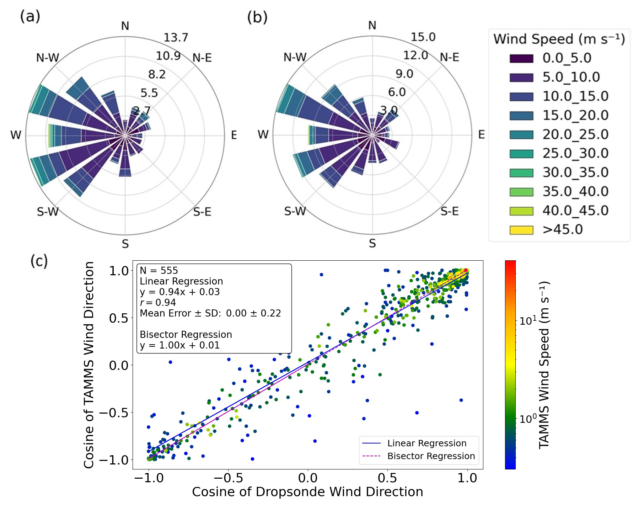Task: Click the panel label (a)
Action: pyautogui.click(x=30, y=17)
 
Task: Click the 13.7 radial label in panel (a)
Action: pyautogui.click(x=176, y=37)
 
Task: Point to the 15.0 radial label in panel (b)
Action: pyautogui.click(x=423, y=37)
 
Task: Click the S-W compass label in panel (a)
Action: pyautogui.click(x=48, y=212)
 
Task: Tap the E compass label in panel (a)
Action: pyautogui.click(x=233, y=135)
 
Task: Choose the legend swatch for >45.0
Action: pyautogui.click(x=521, y=230)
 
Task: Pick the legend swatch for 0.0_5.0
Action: pyautogui.click(x=521, y=58)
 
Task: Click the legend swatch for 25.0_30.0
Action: pyautogui.click(x=521, y=154)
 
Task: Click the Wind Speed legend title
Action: pyautogui.click(x=559, y=39)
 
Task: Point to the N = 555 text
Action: pyautogui.click(x=159, y=271)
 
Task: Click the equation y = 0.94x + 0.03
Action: pyautogui.click(x=180, y=292)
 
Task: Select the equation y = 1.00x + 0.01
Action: pyautogui.click(x=180, y=345)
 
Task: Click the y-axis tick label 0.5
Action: pyautogui.click(x=118, y=318)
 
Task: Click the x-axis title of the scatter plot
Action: pyautogui.click(x=307, y=492)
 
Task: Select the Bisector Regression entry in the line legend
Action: pyautogui.click(x=431, y=456)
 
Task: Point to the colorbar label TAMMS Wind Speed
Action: pyautogui.click(x=544, y=365)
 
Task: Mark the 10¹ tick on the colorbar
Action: pyautogui.click(x=528, y=321)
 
